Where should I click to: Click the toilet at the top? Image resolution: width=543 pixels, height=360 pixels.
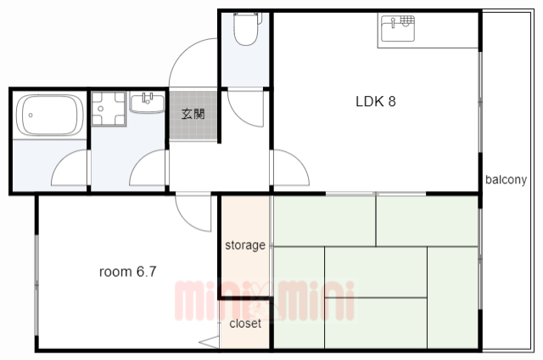[246, 29]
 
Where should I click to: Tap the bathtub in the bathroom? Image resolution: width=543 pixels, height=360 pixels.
[50, 115]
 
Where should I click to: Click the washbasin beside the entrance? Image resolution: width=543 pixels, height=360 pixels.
[147, 102]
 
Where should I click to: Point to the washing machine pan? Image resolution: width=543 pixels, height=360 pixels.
[109, 109]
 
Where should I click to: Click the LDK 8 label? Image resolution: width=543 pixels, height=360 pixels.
[376, 102]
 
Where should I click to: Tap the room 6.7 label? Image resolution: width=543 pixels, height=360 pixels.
[128, 272]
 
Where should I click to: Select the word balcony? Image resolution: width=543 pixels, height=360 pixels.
[506, 179]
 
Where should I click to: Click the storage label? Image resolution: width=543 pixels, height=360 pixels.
[245, 245]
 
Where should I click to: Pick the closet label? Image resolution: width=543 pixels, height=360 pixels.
[245, 323]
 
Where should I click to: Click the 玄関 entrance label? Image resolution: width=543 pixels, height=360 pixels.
[193, 114]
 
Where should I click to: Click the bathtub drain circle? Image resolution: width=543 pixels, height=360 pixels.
[31, 115]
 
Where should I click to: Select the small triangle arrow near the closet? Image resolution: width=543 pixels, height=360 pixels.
[209, 342]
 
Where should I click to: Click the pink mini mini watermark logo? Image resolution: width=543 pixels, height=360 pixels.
[265, 301]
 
